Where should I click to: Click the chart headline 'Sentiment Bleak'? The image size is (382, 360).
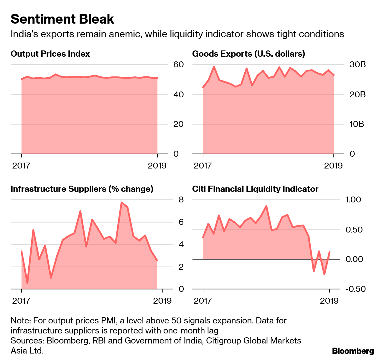coord(62,19)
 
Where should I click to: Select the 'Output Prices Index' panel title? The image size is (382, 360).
coord(50,54)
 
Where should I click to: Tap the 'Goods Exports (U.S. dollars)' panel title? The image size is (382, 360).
coord(248,54)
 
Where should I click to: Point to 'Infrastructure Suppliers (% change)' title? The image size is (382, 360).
coord(82,189)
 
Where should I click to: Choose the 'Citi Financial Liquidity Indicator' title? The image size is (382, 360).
coord(255,189)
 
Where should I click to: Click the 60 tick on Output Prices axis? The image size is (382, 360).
coord(178,65)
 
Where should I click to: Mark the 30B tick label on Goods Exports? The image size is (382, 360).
coord(358,65)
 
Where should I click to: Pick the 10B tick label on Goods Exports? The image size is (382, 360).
coord(357,124)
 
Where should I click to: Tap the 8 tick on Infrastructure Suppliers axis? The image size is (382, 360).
coord(181,200)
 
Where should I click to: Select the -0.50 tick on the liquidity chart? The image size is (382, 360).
coord(355,289)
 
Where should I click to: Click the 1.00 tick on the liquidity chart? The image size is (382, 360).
coord(353,200)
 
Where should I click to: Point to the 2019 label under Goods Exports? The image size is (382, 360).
coord(333,166)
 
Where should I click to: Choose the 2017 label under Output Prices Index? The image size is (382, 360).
coord(21,166)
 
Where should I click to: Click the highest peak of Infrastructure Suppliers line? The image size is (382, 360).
coord(121,202)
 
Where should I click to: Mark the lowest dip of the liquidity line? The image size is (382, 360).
coord(324,274)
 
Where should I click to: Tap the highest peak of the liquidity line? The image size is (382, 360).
coord(266,206)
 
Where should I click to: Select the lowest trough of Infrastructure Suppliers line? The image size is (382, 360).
coord(27,283)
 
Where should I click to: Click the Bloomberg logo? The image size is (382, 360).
coord(353,351)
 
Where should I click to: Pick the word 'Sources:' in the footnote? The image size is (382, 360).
coord(27,341)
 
